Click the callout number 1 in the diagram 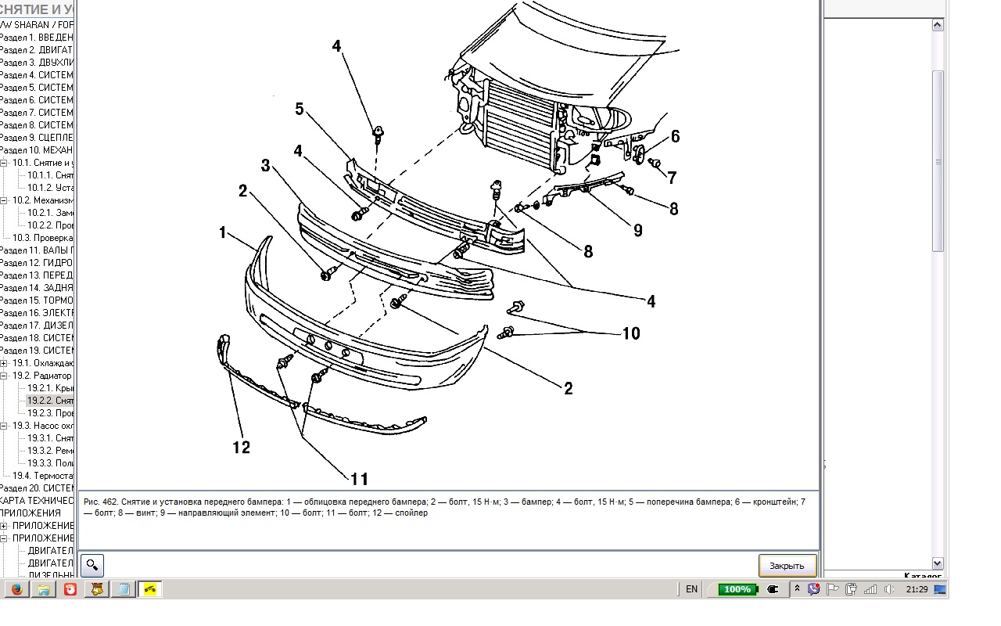223,233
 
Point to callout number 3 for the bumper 265,166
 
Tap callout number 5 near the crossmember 300,109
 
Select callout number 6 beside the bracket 675,137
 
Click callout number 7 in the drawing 672,178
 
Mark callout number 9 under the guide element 638,231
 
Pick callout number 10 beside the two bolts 630,334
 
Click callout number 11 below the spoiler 359,479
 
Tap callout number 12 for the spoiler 241,448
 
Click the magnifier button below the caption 92,565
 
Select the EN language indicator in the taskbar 691,589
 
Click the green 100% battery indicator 737,589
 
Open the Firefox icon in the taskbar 17,589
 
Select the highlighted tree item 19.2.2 50,401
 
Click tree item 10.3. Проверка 42,238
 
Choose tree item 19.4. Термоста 42,476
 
